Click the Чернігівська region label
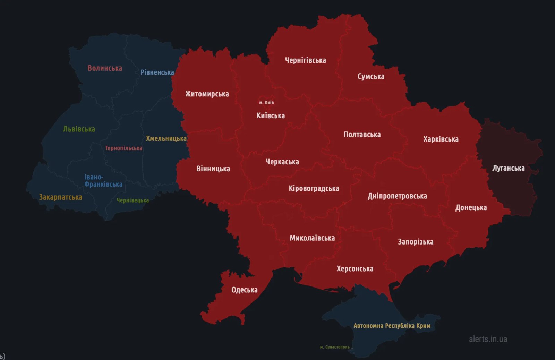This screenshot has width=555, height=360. pyautogui.click(x=305, y=60)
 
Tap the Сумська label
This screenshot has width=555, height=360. pyautogui.click(x=371, y=76)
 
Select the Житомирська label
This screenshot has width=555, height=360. pyautogui.click(x=207, y=94)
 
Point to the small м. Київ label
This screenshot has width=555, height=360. pyautogui.click(x=266, y=102)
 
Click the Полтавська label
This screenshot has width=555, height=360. pyautogui.click(x=362, y=135)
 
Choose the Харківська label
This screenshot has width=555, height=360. pyautogui.click(x=441, y=139)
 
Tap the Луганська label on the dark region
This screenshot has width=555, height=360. pyautogui.click(x=508, y=168)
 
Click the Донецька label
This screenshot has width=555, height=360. pyautogui.click(x=471, y=208)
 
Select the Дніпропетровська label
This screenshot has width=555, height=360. pyautogui.click(x=397, y=196)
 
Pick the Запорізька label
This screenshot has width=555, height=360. pyautogui.click(x=415, y=242)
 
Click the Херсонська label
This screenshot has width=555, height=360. pyautogui.click(x=355, y=269)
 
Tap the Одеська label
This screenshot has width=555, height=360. pyautogui.click(x=244, y=290)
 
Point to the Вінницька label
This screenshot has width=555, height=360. pyautogui.click(x=213, y=169)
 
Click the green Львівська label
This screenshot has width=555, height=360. pyautogui.click(x=79, y=129)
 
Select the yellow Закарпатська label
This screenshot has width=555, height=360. pyautogui.click(x=60, y=197)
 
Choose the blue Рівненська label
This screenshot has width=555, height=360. pyautogui.click(x=157, y=72)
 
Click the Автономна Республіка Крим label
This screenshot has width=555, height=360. pyautogui.click(x=392, y=326)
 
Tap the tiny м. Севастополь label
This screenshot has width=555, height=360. pyautogui.click(x=334, y=347)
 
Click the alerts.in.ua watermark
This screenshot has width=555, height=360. pyautogui.click(x=488, y=339)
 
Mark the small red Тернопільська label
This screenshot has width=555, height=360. pyautogui.click(x=123, y=148)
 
